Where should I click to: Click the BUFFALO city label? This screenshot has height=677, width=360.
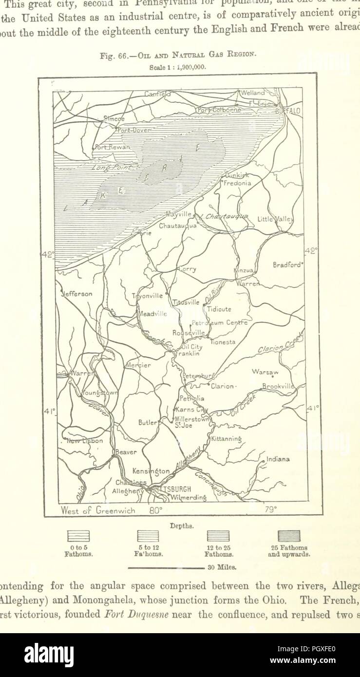point(288,112)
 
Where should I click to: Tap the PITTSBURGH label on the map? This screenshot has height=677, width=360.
point(171,489)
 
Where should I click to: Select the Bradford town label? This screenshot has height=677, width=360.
point(288,265)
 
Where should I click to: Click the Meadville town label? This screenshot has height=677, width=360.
point(153,314)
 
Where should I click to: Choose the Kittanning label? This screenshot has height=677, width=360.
point(226,439)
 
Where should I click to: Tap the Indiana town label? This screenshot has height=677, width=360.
point(278,459)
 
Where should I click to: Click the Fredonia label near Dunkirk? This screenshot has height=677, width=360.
point(237,184)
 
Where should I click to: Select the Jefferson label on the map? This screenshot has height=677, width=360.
point(76,294)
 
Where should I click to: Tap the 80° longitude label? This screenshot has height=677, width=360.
point(155,511)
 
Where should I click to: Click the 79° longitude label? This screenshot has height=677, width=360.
point(270,510)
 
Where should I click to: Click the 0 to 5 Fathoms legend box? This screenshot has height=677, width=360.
point(78,536)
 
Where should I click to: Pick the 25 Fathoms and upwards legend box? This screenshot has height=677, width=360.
point(289,536)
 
